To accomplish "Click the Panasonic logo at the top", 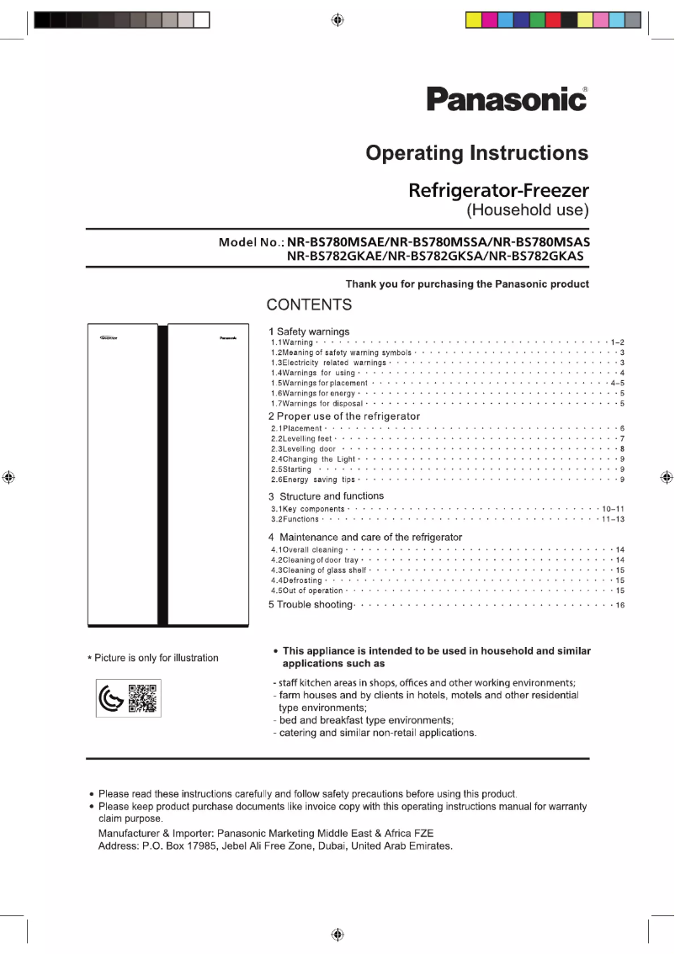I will click(507, 99).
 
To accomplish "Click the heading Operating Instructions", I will click(476, 153).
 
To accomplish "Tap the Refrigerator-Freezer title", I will click(498, 190).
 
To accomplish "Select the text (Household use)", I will click(528, 209).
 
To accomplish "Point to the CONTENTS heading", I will click(309, 305).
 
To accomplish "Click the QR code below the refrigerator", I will click(142, 699).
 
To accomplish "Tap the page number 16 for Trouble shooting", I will click(619, 606).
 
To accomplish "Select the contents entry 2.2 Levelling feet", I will click(301, 439).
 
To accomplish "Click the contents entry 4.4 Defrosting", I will click(296, 580).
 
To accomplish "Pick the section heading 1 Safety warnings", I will click(309, 331).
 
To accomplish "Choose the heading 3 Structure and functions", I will click(327, 496).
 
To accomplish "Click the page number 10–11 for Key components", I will click(613, 510).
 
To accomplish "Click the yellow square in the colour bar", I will click(474, 20).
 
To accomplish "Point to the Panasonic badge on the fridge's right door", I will click(228, 338).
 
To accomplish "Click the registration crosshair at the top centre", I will click(337, 20).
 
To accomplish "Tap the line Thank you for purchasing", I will click(467, 284).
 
